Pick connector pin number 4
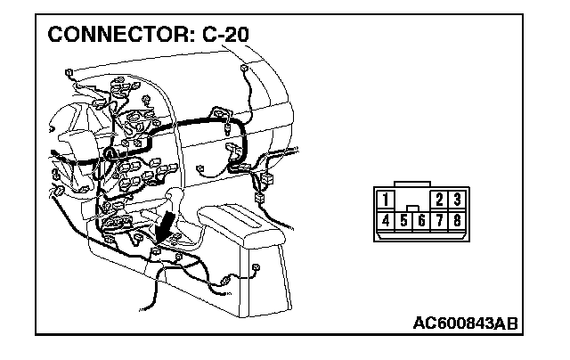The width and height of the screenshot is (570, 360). (x=386, y=220)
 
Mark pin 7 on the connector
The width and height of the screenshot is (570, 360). (x=439, y=220)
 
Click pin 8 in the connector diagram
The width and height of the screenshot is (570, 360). (x=456, y=220)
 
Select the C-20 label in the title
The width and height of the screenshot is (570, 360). (x=222, y=35)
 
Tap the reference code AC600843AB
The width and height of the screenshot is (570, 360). (x=465, y=322)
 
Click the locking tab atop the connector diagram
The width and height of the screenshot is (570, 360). (x=420, y=186)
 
